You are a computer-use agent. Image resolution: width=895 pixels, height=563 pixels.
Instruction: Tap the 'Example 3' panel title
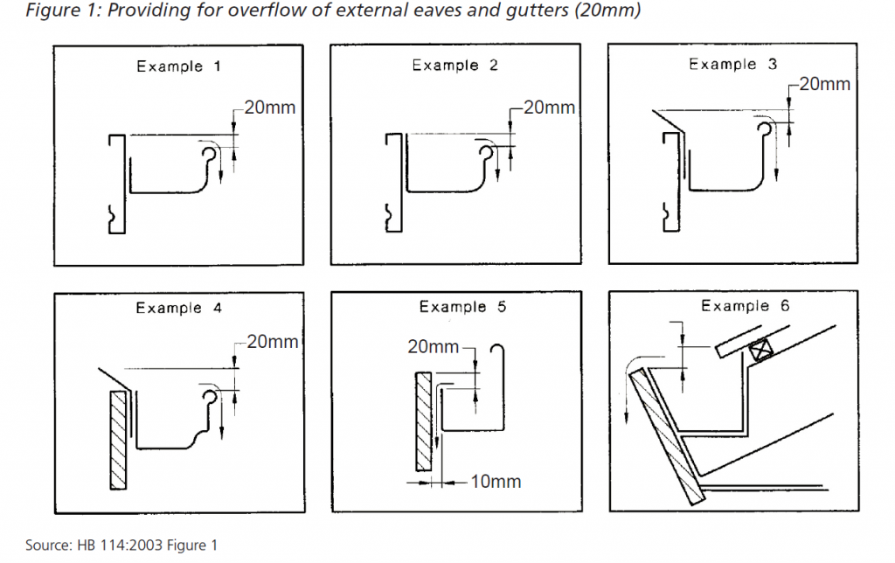click(733, 65)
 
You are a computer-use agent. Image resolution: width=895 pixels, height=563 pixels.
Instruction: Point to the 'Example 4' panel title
click(179, 308)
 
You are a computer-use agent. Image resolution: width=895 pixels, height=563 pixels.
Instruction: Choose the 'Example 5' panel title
click(462, 307)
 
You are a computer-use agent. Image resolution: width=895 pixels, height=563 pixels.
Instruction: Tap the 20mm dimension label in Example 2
click(548, 108)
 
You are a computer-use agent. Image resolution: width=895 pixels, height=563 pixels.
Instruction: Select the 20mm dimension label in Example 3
click(824, 85)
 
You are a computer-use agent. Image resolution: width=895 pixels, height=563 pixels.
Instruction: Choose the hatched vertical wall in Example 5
click(422, 420)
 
